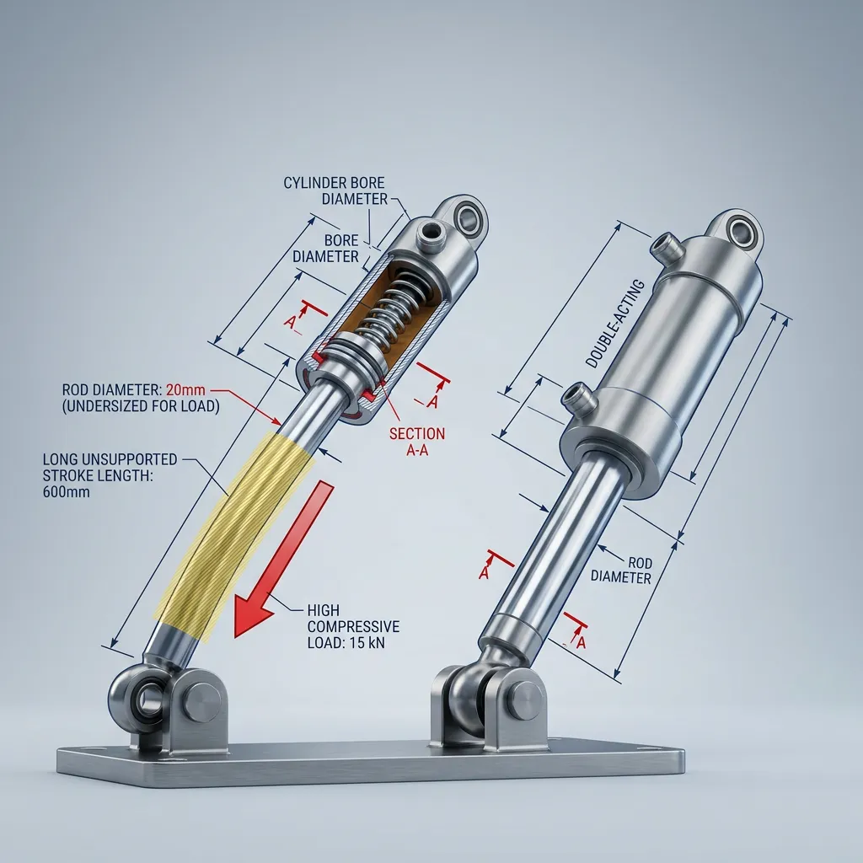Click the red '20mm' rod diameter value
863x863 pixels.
tap(185, 390)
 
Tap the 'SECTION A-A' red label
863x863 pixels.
tap(417, 442)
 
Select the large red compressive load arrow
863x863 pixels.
tap(284, 559)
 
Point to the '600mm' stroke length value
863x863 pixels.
tap(66, 492)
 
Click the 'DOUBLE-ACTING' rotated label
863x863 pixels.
tap(614, 324)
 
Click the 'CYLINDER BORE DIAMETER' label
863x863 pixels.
tap(334, 190)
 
